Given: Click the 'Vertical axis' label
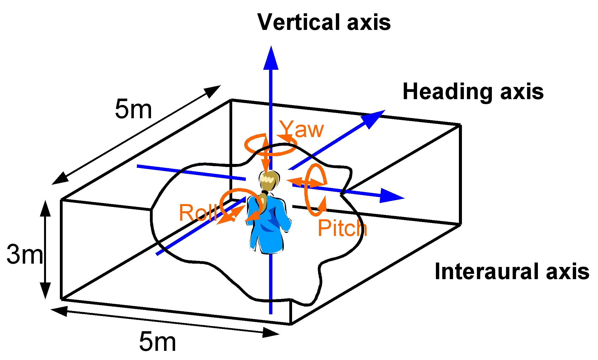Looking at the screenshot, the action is click(324, 22).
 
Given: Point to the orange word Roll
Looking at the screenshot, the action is click(197, 212).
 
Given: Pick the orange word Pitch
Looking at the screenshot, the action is click(343, 228).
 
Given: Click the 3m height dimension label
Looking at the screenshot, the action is click(25, 254).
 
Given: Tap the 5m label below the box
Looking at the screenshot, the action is click(157, 341).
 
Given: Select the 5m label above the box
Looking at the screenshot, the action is click(134, 109).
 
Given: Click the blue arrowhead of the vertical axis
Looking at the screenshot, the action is click(271, 58).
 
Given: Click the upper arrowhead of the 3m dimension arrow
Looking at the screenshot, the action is click(45, 208).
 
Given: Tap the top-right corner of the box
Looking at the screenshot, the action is click(460, 125).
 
